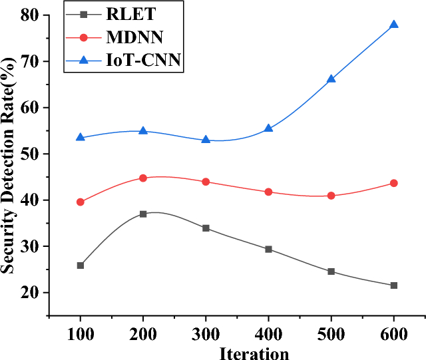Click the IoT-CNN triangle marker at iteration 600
(393, 25)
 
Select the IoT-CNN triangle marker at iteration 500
(331, 79)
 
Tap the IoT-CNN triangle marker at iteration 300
(206, 140)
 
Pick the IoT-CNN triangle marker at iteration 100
(81, 137)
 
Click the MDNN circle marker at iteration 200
(143, 178)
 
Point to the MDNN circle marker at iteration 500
(331, 196)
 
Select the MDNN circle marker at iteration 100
(81, 202)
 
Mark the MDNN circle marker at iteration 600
(393, 183)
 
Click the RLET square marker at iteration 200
(143, 214)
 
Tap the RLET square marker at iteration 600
(393, 285)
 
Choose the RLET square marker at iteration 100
(81, 266)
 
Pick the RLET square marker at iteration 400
(268, 249)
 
